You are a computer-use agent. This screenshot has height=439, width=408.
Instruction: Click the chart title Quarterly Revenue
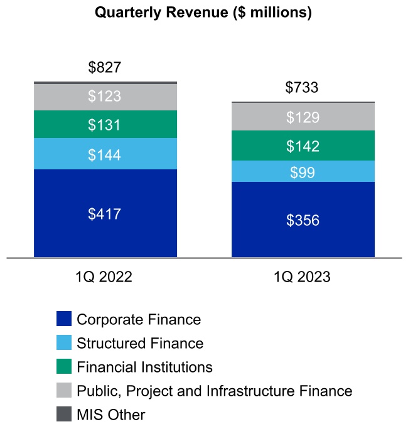203,13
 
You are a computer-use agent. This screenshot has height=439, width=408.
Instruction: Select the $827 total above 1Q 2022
105,68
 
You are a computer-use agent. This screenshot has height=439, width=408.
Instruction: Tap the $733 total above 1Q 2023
302,88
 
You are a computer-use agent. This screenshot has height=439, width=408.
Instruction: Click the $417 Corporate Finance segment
105,213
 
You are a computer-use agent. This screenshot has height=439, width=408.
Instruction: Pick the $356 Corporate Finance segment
303,220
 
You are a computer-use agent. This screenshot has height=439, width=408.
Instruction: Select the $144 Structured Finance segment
105,154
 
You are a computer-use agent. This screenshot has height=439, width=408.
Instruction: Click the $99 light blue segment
303,172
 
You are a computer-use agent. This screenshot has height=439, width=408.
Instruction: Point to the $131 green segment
105,125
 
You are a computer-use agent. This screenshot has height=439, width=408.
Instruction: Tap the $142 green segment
303,146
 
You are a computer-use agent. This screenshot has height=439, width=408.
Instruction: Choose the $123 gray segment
105,97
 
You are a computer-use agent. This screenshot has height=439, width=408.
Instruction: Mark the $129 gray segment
303,117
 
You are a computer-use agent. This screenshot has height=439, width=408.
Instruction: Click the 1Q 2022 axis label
105,277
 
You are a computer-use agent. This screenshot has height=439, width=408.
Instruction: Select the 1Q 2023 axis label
303,277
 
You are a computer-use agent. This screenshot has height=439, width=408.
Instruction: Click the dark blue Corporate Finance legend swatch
64,319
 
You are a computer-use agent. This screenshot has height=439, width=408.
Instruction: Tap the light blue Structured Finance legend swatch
64,343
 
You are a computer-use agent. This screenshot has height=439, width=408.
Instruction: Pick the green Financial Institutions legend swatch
64,367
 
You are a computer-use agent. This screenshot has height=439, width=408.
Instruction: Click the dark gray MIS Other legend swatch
64,415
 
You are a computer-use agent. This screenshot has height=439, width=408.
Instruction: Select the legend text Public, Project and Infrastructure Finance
214,391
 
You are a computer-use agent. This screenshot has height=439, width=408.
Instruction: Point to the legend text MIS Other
110,415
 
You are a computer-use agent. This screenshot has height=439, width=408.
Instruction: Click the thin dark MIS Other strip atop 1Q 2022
105,82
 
